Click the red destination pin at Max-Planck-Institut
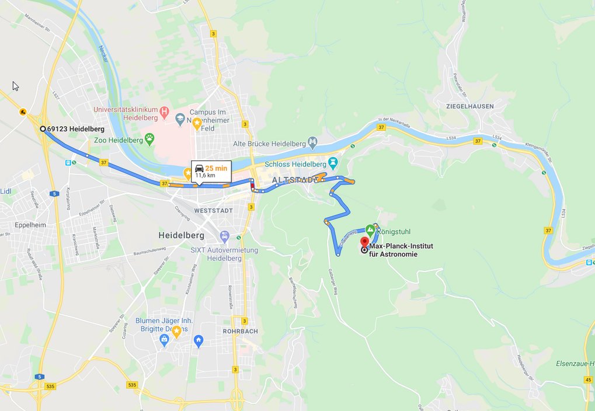click(x=364, y=241)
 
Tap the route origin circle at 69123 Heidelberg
click(x=43, y=129)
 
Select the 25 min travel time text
click(x=216, y=168)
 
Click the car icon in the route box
click(x=200, y=168)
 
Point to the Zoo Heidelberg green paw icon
click(x=150, y=138)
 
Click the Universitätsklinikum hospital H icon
click(x=165, y=110)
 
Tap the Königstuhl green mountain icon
click(x=370, y=231)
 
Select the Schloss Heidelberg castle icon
click(x=333, y=161)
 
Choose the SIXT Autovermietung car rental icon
click(x=224, y=236)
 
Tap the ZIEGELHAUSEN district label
click(x=469, y=106)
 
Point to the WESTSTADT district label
click(x=197, y=210)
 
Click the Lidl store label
click(x=6, y=191)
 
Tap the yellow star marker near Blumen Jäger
click(x=176, y=331)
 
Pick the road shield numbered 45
click(x=587, y=380)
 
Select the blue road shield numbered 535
click(x=51, y=386)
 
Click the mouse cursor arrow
click(x=15, y=86)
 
